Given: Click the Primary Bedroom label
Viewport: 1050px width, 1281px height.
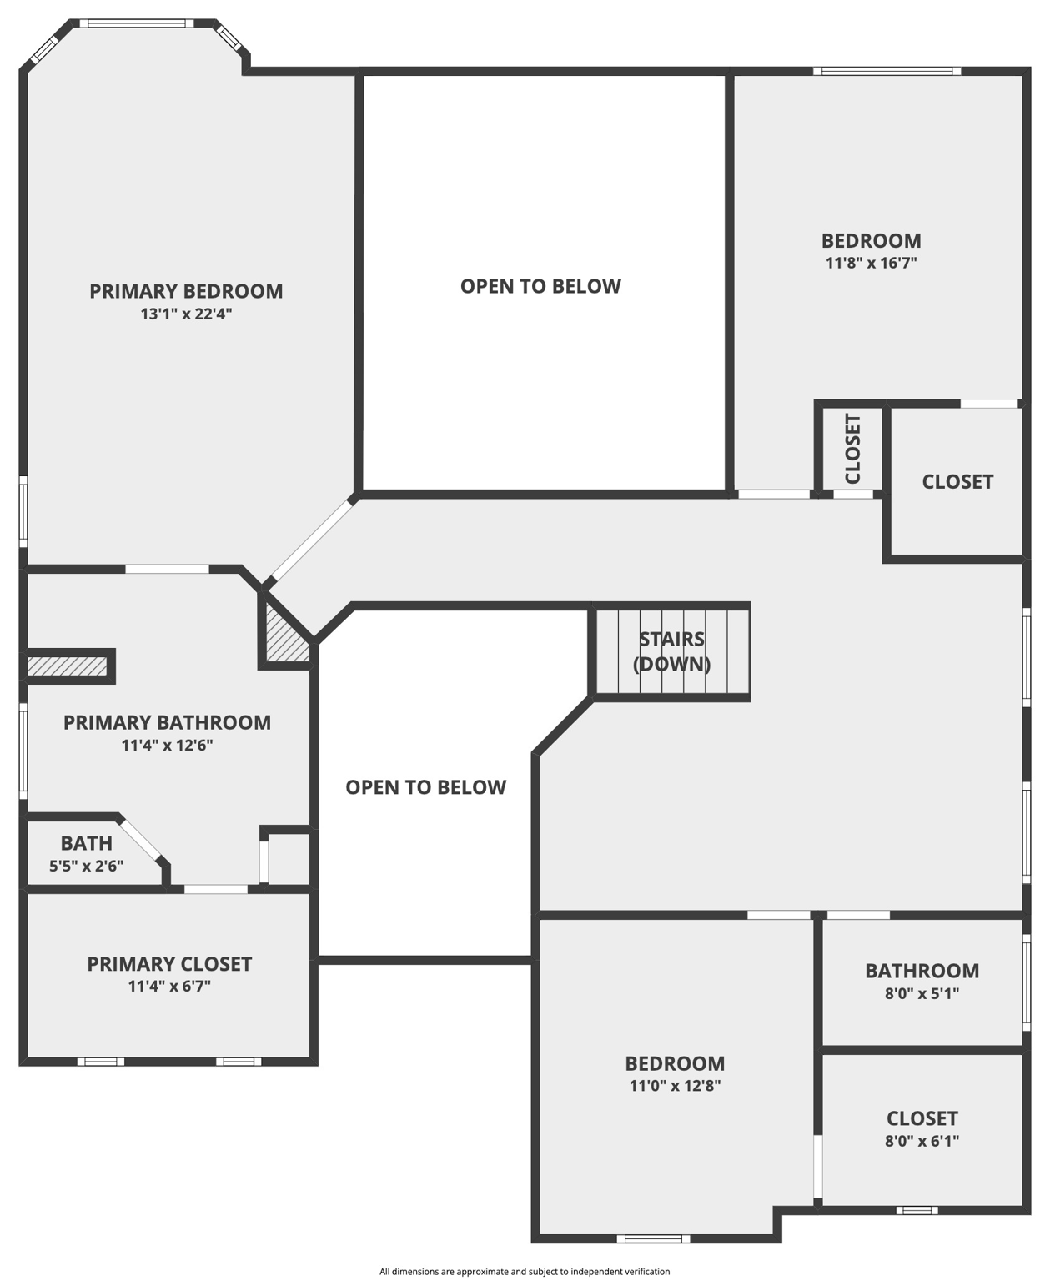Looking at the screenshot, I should tap(186, 291).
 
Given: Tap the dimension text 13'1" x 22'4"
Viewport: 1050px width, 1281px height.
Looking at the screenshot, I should tap(186, 314).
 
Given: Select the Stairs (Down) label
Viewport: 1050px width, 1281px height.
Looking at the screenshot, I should tap(671, 651).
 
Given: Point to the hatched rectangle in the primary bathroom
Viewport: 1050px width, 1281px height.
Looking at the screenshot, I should tap(68, 666).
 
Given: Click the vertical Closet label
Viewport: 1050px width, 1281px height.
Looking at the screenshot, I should tap(852, 449).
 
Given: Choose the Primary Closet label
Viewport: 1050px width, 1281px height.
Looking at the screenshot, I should tap(169, 964).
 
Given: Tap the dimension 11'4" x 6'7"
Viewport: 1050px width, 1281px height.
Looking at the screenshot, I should tap(169, 987).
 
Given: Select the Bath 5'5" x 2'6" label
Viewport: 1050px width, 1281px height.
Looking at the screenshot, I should tap(86, 854).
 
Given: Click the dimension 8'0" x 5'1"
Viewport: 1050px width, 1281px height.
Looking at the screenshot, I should tap(922, 994).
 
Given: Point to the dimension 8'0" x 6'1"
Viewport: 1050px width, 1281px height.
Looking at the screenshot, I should tap(922, 1141).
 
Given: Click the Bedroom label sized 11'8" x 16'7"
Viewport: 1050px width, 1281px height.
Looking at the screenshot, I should tap(871, 241).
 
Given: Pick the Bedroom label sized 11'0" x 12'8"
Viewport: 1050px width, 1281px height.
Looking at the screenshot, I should tap(675, 1063).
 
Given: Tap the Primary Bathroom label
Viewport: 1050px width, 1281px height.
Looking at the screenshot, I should tap(167, 722).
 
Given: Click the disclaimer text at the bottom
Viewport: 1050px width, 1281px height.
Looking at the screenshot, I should tap(525, 1272).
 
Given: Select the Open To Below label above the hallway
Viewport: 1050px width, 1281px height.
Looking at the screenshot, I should tap(540, 286).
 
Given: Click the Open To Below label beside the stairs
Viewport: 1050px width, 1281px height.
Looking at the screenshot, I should tap(425, 787).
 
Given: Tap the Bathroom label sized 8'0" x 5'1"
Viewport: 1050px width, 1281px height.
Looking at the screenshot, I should tap(922, 971).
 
